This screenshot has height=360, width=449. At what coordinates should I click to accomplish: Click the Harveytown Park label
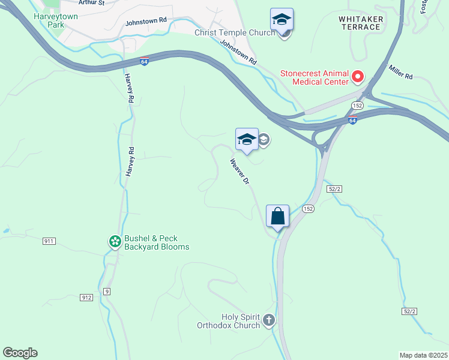click(56, 20)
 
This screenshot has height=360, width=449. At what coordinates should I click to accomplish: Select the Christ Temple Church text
click(235, 32)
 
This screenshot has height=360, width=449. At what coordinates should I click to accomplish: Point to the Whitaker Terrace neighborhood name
click(361, 23)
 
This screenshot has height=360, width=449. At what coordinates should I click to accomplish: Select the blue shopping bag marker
click(278, 216)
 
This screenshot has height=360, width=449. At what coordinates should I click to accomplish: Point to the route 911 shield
click(49, 241)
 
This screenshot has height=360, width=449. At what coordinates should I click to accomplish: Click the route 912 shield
click(87, 297)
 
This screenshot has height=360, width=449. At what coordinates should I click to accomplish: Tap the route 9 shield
click(106, 292)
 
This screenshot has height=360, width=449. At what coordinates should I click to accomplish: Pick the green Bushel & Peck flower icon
click(115, 242)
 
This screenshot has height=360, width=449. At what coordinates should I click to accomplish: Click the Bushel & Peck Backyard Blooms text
click(156, 242)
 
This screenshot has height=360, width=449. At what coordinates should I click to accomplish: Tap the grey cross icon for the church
click(268, 320)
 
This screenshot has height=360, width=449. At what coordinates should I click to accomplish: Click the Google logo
click(20, 353)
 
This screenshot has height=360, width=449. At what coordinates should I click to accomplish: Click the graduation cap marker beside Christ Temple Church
click(282, 20)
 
